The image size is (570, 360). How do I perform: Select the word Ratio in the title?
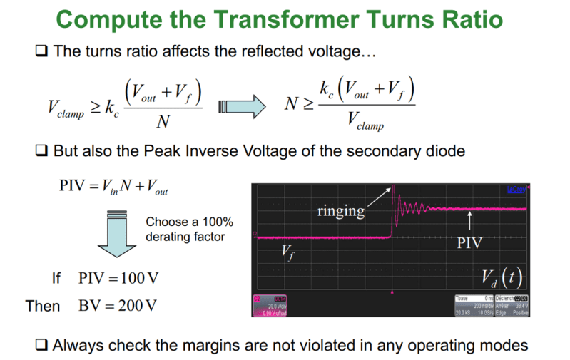479,19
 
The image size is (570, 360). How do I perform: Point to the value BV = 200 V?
118,306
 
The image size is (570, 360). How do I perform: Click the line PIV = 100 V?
118,277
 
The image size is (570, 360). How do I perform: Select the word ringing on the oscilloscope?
341,211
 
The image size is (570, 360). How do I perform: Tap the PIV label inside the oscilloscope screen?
469,242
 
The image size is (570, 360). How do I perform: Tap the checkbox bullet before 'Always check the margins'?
41,345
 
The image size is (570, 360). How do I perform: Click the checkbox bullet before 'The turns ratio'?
41,52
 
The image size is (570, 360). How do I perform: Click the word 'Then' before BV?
43,306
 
